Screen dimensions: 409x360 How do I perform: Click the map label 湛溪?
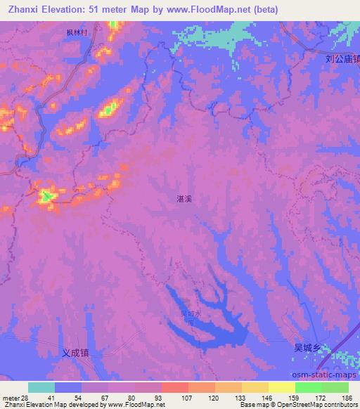point(185,199)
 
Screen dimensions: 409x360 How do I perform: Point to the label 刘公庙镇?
point(343,60)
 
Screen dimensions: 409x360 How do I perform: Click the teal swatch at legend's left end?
point(41,387)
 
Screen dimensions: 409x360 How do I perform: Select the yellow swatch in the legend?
point(282,387)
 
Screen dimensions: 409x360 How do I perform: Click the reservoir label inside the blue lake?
point(186,317)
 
